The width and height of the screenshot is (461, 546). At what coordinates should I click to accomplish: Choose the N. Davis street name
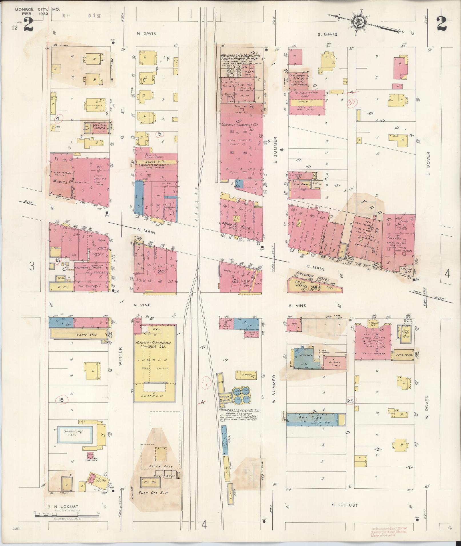pos(146,34)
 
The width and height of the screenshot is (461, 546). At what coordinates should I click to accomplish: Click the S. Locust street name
pos(344,505)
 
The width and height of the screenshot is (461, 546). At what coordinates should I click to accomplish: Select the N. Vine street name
pos(142,305)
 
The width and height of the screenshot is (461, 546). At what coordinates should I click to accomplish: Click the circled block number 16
pos(61,400)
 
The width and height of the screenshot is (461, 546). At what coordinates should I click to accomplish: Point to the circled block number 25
pos(350,401)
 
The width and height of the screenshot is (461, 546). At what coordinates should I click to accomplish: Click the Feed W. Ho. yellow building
pos(404,354)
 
